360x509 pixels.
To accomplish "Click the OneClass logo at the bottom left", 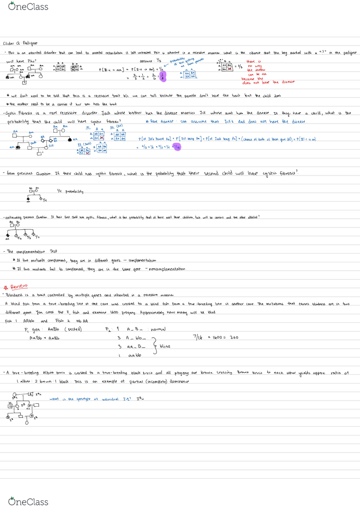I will pyautogui.click(x=29, y=501).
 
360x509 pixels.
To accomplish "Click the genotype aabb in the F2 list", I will pyautogui.click(x=136, y=356).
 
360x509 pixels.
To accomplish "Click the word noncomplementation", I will pyautogui.click(x=168, y=269).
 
